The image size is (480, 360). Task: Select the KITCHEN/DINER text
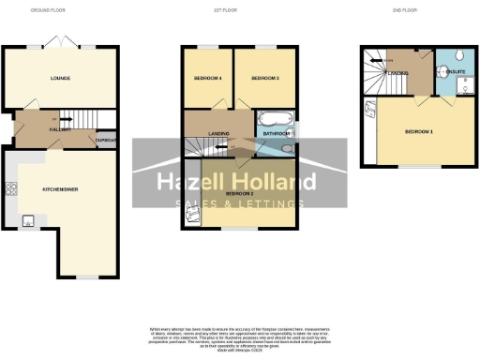(59, 188)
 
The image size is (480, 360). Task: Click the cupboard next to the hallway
(106, 140)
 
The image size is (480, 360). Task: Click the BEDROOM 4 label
(207, 78)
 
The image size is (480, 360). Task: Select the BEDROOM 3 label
(266, 78)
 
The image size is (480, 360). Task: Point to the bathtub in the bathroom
(276, 120)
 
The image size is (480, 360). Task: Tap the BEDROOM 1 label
(420, 132)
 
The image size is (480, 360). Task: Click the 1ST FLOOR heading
(240, 11)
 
